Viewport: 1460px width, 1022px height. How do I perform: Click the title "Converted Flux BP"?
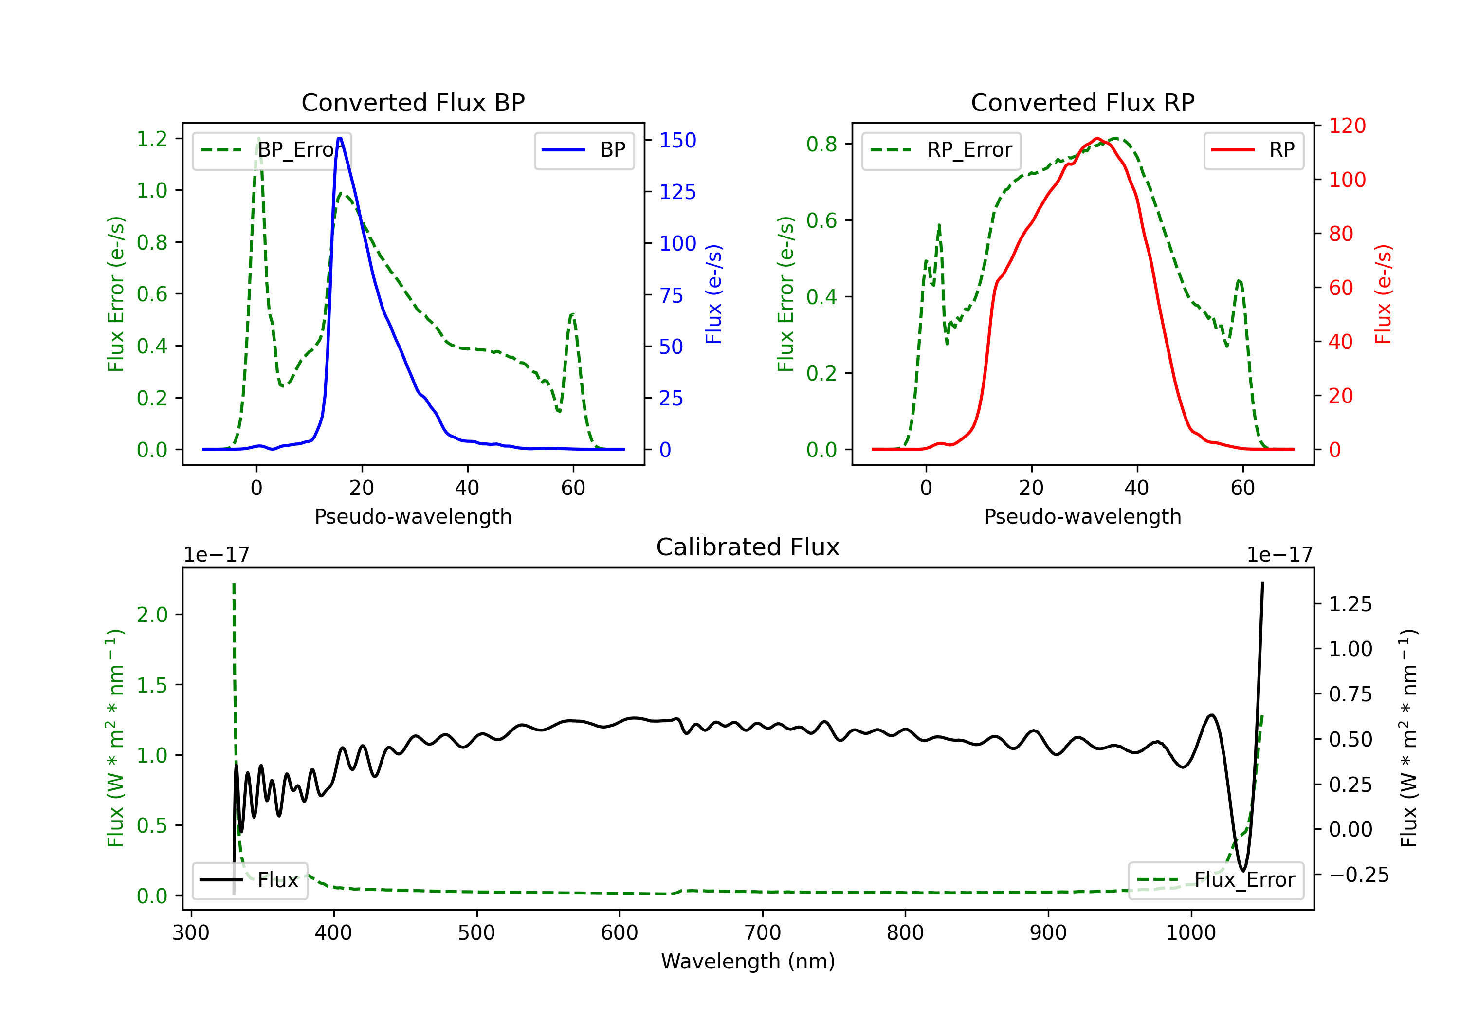click(x=413, y=102)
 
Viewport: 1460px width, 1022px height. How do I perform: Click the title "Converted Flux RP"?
click(x=1082, y=102)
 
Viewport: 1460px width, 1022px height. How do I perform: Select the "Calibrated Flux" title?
click(x=748, y=547)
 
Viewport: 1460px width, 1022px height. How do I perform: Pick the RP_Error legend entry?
click(x=941, y=150)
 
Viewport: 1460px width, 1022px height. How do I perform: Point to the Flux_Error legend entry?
click(x=1216, y=880)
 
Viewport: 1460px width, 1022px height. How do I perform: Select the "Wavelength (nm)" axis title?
click(x=748, y=961)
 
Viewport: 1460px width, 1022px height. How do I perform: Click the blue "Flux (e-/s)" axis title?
click(x=713, y=294)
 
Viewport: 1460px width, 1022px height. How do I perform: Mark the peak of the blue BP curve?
click(x=340, y=138)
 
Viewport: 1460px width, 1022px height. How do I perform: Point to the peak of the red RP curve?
click(x=1097, y=138)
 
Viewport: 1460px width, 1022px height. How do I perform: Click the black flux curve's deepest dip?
click(x=1243, y=871)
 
